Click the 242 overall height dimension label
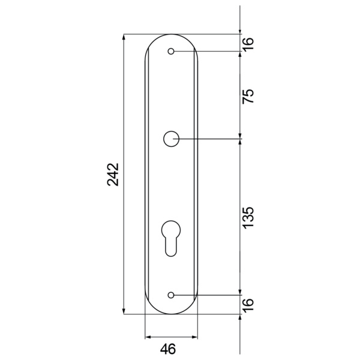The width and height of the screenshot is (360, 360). tap(113, 175)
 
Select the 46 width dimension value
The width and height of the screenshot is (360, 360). tap(168, 349)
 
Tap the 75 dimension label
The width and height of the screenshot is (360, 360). tap(248, 96)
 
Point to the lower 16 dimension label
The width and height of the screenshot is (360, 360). tap(248, 304)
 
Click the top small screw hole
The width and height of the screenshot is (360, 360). tap(171, 51)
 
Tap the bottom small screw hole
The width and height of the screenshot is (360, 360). tap(171, 295)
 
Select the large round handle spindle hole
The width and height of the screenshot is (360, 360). tap(171, 139)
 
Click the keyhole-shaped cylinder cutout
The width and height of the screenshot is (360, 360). tap(171, 238)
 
